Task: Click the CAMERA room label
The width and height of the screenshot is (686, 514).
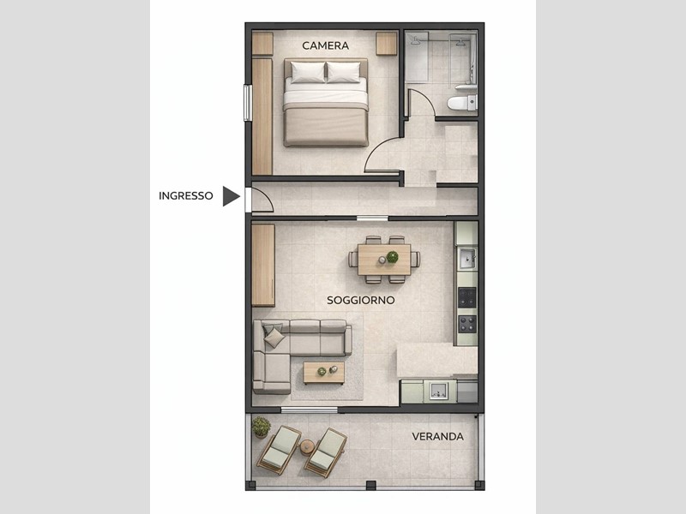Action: pos(325,45)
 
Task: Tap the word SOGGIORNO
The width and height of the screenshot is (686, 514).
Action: pos(354,301)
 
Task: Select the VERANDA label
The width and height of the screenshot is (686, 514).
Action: pos(437,436)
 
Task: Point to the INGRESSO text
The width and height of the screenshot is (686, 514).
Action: pos(185,196)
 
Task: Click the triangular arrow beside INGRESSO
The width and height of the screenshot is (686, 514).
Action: pos(231,196)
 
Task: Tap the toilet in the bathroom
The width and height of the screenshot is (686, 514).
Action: pos(461,103)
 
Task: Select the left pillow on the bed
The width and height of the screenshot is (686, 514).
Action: pos(308,72)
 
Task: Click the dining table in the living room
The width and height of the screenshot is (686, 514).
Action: pos(384,260)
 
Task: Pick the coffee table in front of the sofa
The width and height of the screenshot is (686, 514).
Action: pos(324,373)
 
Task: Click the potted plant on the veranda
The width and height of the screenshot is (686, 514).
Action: pos(261,427)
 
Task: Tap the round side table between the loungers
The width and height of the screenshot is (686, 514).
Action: pos(307,447)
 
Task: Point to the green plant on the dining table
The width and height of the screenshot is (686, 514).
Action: pos(393,256)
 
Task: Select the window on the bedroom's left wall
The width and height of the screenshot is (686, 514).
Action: pos(248,103)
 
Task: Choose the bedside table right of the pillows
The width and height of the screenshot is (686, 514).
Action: pos(387,44)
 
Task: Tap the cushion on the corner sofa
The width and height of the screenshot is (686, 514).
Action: pos(274,338)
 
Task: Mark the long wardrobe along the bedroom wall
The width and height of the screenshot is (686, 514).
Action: pos(262,117)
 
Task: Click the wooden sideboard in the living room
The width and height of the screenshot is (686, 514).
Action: pos(263,266)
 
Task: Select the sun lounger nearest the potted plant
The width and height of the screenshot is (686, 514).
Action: pos(280,450)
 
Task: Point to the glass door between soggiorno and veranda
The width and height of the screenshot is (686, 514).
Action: pos(309,410)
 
